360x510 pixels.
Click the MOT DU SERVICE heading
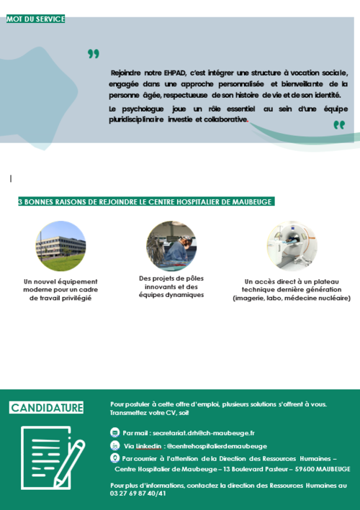[35, 19]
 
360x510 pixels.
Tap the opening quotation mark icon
[93, 53]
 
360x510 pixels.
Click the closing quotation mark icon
[339, 125]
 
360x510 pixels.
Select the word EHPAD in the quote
[173, 73]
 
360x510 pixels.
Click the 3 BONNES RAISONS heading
[145, 202]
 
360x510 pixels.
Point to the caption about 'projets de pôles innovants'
[171, 286]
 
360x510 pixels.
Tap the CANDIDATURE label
[47, 408]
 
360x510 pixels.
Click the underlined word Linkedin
[149, 446]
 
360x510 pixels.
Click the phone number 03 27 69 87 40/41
[138, 493]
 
